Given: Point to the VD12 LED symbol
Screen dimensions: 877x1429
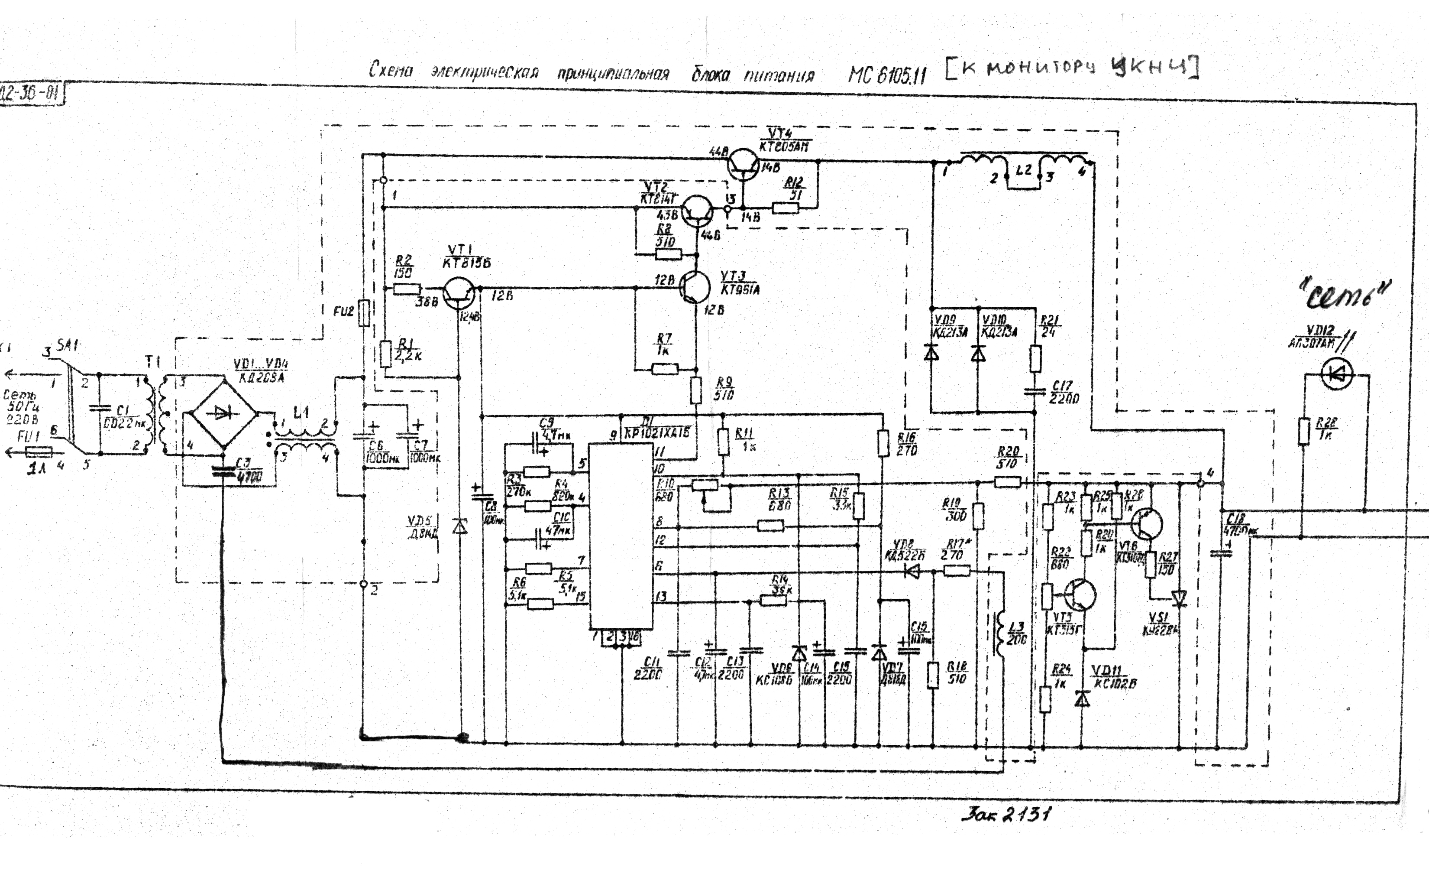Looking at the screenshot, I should (x=1337, y=374).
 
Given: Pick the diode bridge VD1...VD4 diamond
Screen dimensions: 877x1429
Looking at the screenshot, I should (x=224, y=413).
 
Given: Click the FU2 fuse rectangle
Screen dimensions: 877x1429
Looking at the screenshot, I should (x=364, y=313).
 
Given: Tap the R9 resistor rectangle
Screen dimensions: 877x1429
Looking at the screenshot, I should (x=696, y=390).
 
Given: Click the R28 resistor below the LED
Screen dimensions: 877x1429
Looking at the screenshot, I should (x=1304, y=431).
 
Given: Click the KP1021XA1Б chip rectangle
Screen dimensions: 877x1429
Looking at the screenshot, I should (x=621, y=536).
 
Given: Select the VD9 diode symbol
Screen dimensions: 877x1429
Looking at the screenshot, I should (x=931, y=353).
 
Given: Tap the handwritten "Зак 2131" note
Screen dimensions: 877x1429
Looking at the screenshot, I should (x=1006, y=814).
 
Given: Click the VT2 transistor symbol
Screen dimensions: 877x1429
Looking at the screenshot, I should (x=696, y=211).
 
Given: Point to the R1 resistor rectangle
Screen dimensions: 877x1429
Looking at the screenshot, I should (x=386, y=354).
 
